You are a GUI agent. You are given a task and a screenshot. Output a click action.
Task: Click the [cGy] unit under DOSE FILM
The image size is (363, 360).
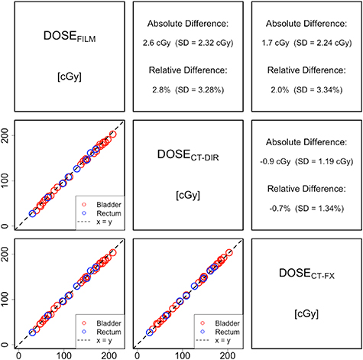[66, 75]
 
